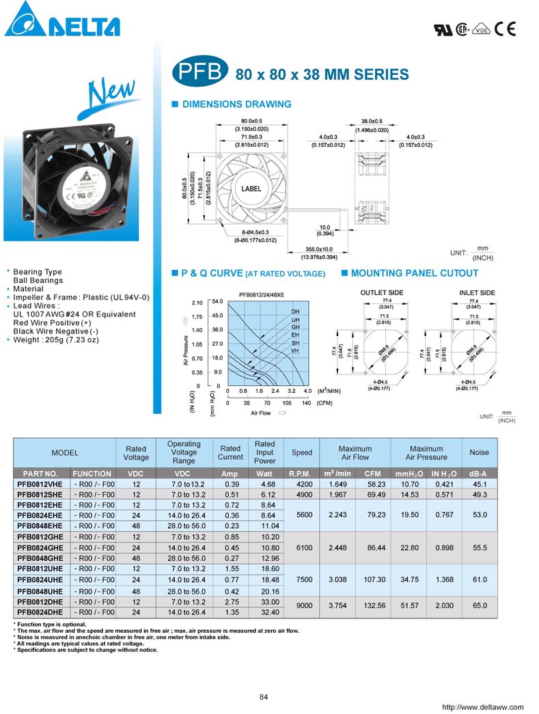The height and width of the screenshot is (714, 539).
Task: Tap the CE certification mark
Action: tap(506, 29)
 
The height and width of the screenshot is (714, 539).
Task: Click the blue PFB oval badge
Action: tap(199, 74)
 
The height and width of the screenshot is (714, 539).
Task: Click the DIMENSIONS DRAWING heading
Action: tap(236, 105)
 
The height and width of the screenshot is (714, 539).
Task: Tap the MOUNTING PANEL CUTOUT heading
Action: tap(414, 273)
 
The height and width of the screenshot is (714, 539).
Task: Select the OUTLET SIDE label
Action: tap(382, 293)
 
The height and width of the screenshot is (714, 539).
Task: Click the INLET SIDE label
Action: tap(477, 293)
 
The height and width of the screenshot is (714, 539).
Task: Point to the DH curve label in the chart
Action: tap(295, 312)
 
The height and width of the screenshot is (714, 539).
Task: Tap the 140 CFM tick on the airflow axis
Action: tap(306, 403)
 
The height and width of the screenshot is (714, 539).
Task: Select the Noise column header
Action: tap(479, 452)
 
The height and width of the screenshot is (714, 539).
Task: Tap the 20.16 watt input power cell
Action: tap(265, 591)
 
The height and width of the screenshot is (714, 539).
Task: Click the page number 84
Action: tap(264, 697)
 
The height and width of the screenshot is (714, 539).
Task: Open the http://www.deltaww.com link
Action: tap(483, 707)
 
